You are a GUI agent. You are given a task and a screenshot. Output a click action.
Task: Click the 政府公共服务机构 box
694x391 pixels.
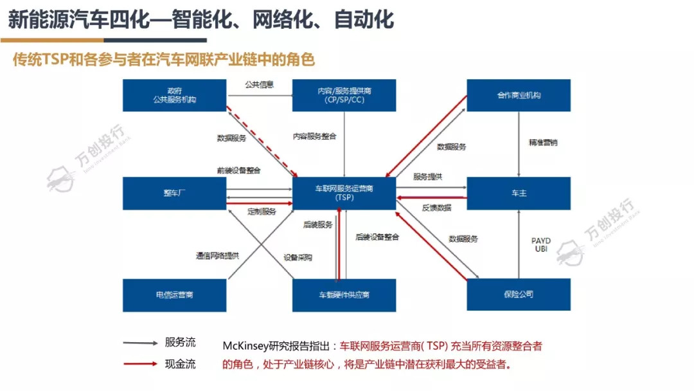click(x=174, y=95)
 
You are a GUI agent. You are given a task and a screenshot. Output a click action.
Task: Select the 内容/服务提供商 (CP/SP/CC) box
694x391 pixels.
click(x=344, y=95)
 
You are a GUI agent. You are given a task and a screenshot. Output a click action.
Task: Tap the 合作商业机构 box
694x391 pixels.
click(x=518, y=95)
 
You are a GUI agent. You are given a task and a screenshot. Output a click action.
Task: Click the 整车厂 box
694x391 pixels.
click(x=174, y=193)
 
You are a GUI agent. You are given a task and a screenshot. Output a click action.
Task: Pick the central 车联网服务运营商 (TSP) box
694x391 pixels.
click(x=344, y=193)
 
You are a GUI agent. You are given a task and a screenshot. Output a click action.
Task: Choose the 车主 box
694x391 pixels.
click(x=518, y=193)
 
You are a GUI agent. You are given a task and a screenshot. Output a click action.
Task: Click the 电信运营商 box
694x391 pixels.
click(x=174, y=295)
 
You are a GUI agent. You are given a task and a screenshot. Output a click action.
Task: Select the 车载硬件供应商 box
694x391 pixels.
click(x=344, y=295)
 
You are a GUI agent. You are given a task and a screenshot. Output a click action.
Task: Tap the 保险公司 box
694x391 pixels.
click(x=518, y=295)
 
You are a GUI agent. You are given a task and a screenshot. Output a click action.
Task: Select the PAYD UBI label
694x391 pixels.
click(x=540, y=245)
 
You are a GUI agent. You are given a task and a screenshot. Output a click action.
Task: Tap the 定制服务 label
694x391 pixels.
click(x=262, y=212)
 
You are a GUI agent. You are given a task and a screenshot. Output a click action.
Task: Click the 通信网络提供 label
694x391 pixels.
click(x=217, y=255)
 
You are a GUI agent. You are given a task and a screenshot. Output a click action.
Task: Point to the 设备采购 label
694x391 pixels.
click(x=298, y=257)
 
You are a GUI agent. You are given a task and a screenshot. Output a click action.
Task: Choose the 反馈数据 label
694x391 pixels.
click(x=436, y=208)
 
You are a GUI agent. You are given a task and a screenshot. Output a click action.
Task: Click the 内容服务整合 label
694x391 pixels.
click(x=314, y=136)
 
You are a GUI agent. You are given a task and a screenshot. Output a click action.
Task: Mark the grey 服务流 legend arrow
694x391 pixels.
click(x=141, y=343)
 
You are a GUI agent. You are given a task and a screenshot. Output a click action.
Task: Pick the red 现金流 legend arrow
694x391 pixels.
click(x=141, y=364)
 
